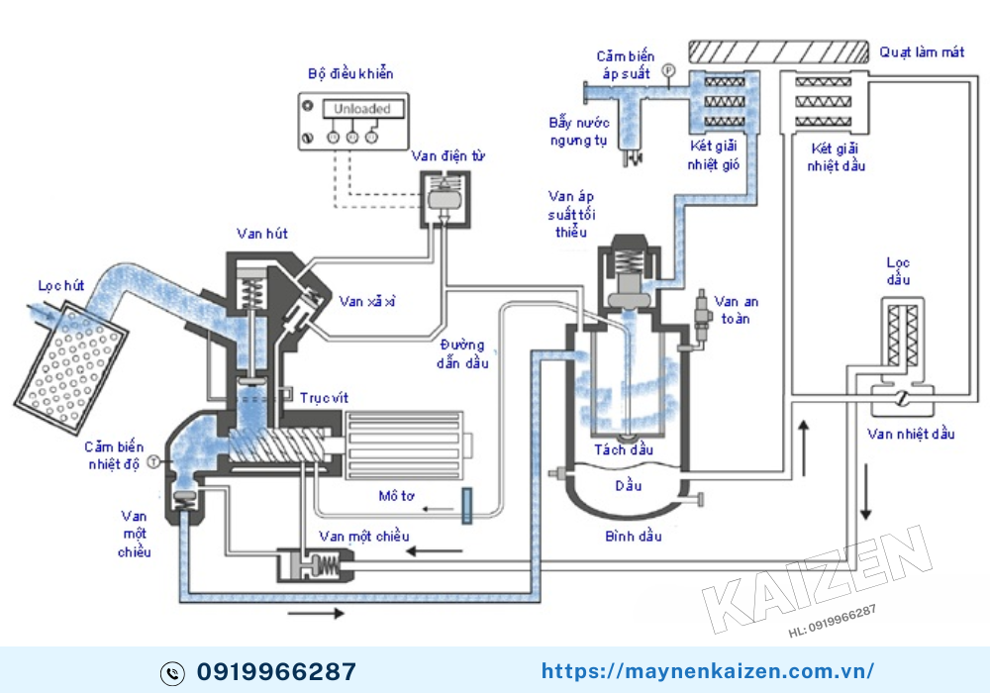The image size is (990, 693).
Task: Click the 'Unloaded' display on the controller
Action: click(361, 109)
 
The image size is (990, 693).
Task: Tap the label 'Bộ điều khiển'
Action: click(350, 74)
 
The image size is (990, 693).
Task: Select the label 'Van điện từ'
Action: click(448, 156)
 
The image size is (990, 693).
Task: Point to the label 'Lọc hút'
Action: click(60, 286)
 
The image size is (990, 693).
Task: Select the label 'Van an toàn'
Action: click(736, 310)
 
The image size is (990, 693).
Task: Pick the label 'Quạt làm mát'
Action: click(922, 52)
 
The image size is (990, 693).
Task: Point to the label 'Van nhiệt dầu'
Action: click(911, 435)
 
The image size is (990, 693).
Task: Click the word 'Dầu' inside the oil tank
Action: click(628, 486)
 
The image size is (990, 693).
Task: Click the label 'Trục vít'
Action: click(324, 397)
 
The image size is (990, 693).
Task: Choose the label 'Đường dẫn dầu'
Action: click(462, 353)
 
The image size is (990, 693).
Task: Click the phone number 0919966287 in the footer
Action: click(276, 672)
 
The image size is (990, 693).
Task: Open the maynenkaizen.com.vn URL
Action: click(708, 672)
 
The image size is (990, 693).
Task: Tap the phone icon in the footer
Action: click(172, 673)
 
